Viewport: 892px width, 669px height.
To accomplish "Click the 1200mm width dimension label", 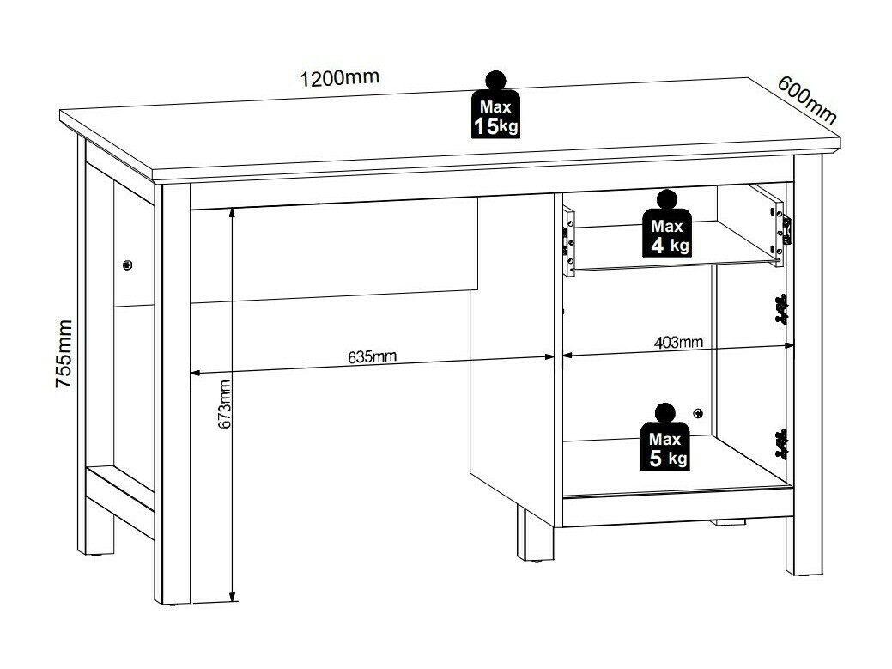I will pos(339,79).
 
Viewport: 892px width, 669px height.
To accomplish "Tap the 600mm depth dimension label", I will pos(806,100).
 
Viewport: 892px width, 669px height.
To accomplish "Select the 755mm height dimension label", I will pos(64,354).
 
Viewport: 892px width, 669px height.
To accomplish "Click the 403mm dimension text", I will pos(678,343).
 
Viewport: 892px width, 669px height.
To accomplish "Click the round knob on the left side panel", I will pos(127,265).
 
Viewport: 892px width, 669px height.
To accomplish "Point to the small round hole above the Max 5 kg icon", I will pos(698,414).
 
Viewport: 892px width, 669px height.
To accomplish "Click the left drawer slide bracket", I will pos(568,240).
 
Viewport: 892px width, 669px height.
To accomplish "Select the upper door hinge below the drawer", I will pos(780,309).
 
